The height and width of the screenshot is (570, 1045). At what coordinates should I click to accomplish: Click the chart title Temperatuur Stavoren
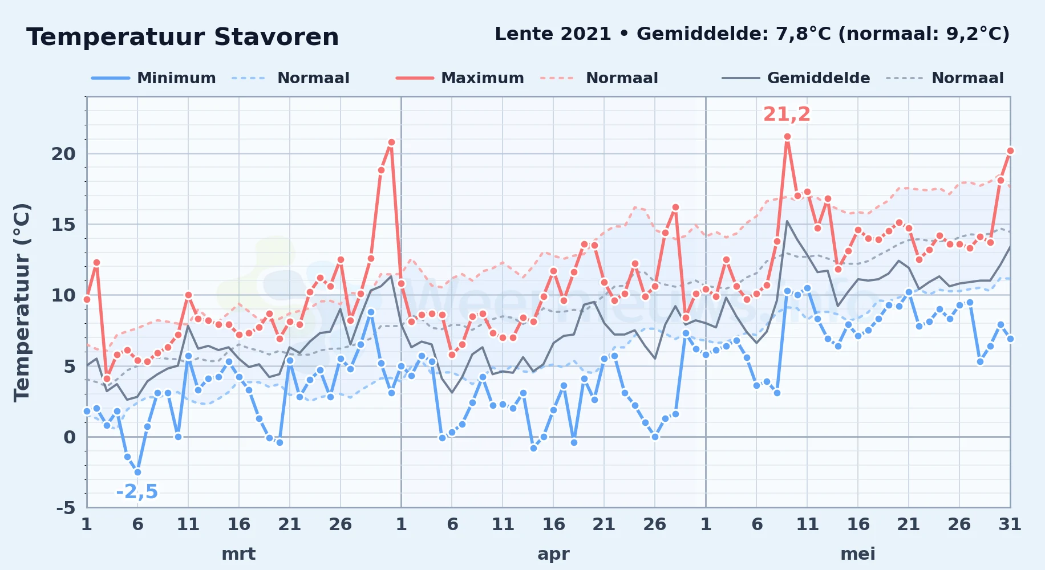[x=183, y=37]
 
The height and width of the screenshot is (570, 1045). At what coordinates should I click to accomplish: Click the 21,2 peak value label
[x=787, y=114]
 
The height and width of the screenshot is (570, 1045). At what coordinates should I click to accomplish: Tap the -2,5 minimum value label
[x=137, y=491]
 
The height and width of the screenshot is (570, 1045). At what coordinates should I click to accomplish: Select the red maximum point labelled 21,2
[x=787, y=137]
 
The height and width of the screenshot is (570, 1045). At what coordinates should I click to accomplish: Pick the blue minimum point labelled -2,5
[x=137, y=472]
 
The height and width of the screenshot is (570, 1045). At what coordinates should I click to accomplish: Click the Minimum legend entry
[x=153, y=78]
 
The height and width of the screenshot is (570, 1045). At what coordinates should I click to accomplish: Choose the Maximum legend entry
[x=460, y=78]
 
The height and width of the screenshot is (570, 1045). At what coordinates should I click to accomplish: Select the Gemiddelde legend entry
[x=796, y=78]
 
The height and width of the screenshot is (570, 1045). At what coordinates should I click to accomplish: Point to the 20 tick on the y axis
[x=63, y=154]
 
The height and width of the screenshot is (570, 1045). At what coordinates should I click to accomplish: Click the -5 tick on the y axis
[x=66, y=507]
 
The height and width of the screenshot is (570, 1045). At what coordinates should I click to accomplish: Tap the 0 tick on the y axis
[x=70, y=437]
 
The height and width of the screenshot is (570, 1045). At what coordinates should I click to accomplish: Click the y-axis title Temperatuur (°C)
[x=22, y=302]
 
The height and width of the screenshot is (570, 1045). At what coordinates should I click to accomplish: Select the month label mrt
[x=238, y=554]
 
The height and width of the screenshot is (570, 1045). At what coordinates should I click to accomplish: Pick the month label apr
[x=553, y=554]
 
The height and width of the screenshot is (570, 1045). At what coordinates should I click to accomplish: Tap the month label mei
[x=858, y=554]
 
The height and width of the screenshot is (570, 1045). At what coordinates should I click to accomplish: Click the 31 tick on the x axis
[x=1010, y=524]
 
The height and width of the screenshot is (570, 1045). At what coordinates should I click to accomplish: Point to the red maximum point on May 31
[x=1010, y=151]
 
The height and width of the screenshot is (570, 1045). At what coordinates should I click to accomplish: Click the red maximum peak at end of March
[x=391, y=142]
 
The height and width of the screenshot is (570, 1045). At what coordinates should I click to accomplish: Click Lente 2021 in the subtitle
[x=553, y=34]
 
